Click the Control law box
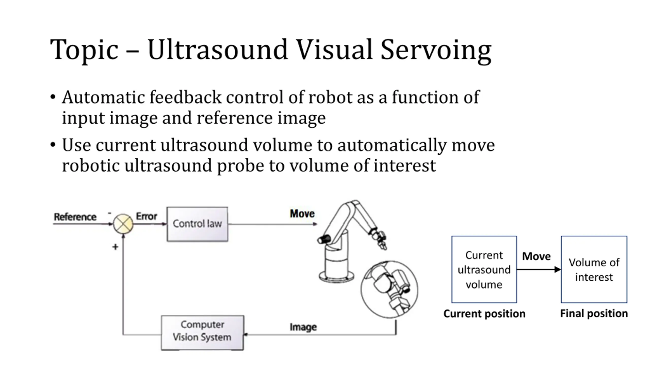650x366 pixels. click(x=197, y=224)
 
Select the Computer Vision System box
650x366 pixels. click(x=202, y=333)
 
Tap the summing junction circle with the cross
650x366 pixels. click(x=123, y=224)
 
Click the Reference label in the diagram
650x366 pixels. click(x=75, y=217)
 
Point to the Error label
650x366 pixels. click(x=147, y=216)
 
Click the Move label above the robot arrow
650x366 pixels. click(x=302, y=213)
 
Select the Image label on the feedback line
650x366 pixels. click(x=303, y=327)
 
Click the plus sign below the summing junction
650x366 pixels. click(x=115, y=247)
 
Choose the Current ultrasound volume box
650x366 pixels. click(x=484, y=269)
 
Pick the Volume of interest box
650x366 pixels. click(x=594, y=269)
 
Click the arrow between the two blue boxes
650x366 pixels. click(x=539, y=269)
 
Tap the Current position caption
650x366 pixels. click(x=484, y=314)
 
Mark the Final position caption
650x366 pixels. click(x=594, y=313)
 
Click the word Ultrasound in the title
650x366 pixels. click(x=217, y=50)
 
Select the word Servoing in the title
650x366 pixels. click(x=436, y=51)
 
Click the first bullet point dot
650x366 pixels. click(x=53, y=97)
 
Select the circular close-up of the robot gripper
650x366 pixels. click(x=389, y=289)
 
